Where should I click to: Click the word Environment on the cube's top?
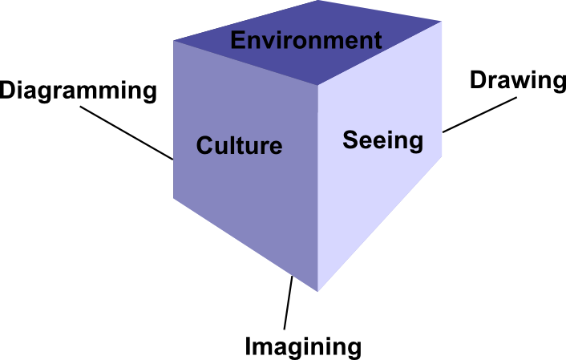[x=305, y=40]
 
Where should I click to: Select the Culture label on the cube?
[x=239, y=146]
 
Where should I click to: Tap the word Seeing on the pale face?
[x=382, y=140]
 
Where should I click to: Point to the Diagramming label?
[x=78, y=91]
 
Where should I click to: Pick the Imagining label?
[x=303, y=346]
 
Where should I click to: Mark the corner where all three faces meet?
[x=318, y=85]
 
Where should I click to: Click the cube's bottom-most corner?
[x=318, y=291]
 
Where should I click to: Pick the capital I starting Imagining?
[x=249, y=346]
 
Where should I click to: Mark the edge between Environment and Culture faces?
[x=245, y=63]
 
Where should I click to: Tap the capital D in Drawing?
[x=476, y=80]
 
